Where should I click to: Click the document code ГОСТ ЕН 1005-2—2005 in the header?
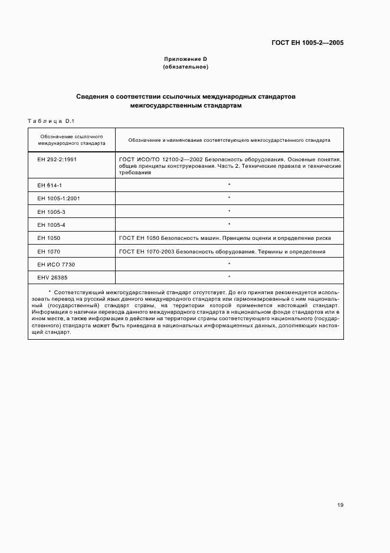(x=307, y=43)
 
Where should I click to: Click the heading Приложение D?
(x=185, y=60)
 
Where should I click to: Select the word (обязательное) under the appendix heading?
(x=185, y=67)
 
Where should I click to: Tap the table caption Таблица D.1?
(x=50, y=121)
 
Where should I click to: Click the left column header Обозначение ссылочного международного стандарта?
(x=71, y=139)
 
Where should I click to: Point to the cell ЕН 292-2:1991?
(x=57, y=160)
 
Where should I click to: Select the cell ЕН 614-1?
(x=50, y=185)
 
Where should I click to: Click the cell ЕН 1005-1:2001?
(x=58, y=198)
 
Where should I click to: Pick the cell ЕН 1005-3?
(x=51, y=211)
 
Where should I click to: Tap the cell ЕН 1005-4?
(x=51, y=225)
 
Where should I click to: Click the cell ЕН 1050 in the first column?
(x=48, y=238)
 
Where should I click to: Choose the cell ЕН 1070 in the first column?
(x=48, y=251)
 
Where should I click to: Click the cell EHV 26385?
(x=53, y=277)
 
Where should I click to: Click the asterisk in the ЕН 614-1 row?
(x=229, y=185)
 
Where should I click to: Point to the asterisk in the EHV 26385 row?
(x=229, y=277)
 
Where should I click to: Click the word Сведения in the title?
(x=93, y=96)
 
